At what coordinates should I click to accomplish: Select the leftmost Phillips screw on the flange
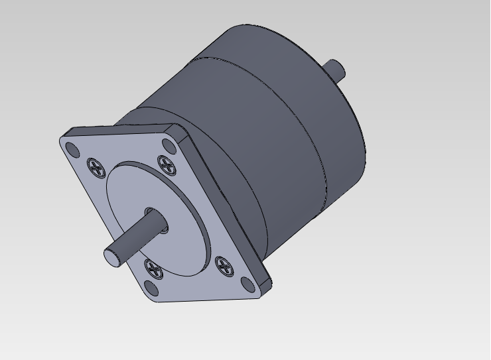(x=97, y=167)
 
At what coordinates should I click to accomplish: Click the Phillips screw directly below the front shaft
(x=154, y=269)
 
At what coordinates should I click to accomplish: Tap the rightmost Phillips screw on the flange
(x=225, y=267)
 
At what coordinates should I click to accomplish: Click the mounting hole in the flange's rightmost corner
(x=249, y=284)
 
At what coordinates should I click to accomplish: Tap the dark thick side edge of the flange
(x=226, y=206)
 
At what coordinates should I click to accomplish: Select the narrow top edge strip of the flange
(x=119, y=130)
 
